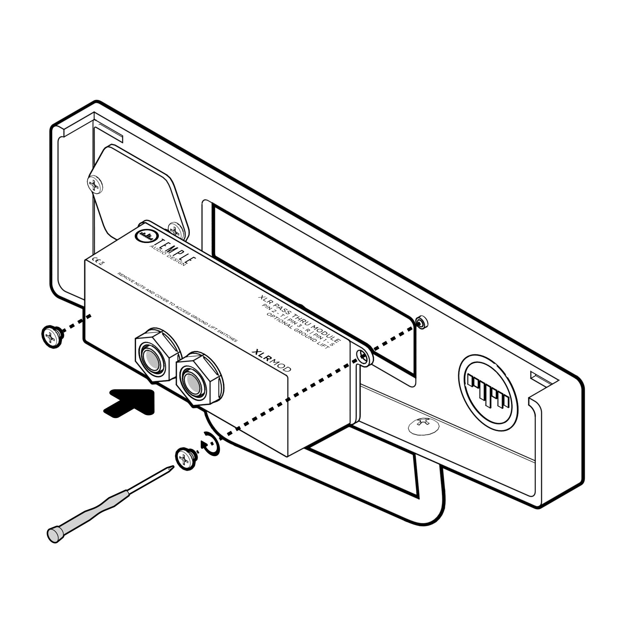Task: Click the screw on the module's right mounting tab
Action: click(x=363, y=357)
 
